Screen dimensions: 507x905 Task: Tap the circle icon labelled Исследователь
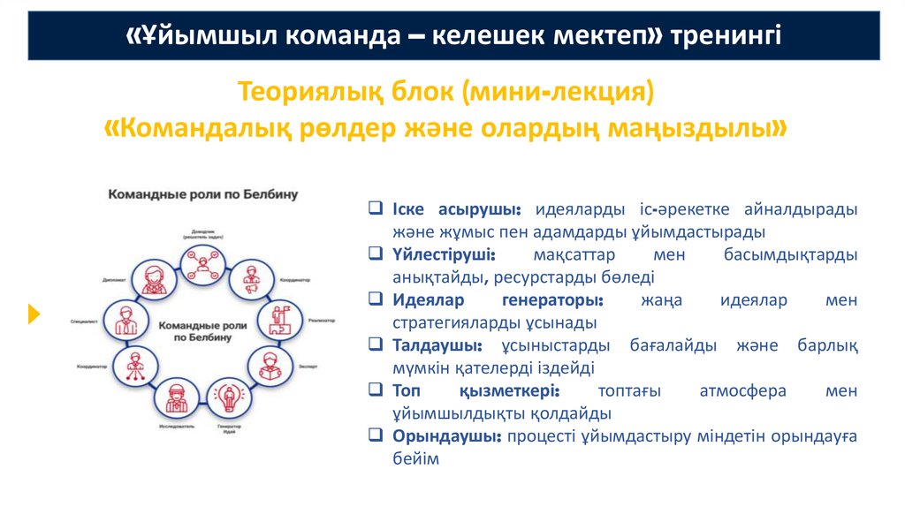(x=175, y=397)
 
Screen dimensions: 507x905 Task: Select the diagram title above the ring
(x=202, y=193)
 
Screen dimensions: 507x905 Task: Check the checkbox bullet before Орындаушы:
(x=376, y=436)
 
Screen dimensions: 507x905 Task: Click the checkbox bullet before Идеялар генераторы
(x=376, y=300)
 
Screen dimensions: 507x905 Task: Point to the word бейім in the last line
(x=415, y=459)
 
